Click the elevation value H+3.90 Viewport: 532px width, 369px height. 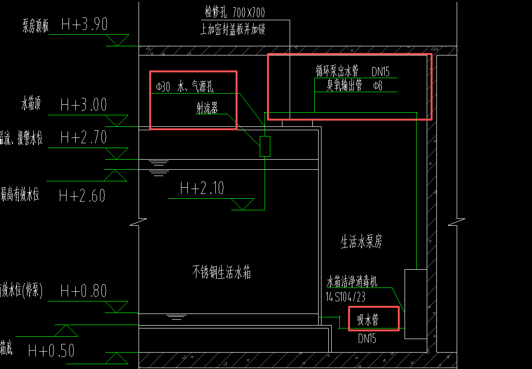coord(84,25)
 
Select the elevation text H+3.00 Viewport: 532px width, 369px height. coord(84,105)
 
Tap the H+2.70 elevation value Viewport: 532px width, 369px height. coord(84,138)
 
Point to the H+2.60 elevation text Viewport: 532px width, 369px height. coord(82,196)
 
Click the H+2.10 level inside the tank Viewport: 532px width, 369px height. coord(202,188)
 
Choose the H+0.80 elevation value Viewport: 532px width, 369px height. coord(84,291)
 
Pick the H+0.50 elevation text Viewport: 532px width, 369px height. coord(51,351)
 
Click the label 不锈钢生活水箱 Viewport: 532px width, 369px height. coord(222,273)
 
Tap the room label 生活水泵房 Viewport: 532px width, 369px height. coord(361,242)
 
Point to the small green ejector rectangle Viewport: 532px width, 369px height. coord(265,146)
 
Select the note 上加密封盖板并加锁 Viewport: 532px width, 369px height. coord(233,29)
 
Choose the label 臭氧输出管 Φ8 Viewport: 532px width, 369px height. coord(354,86)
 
